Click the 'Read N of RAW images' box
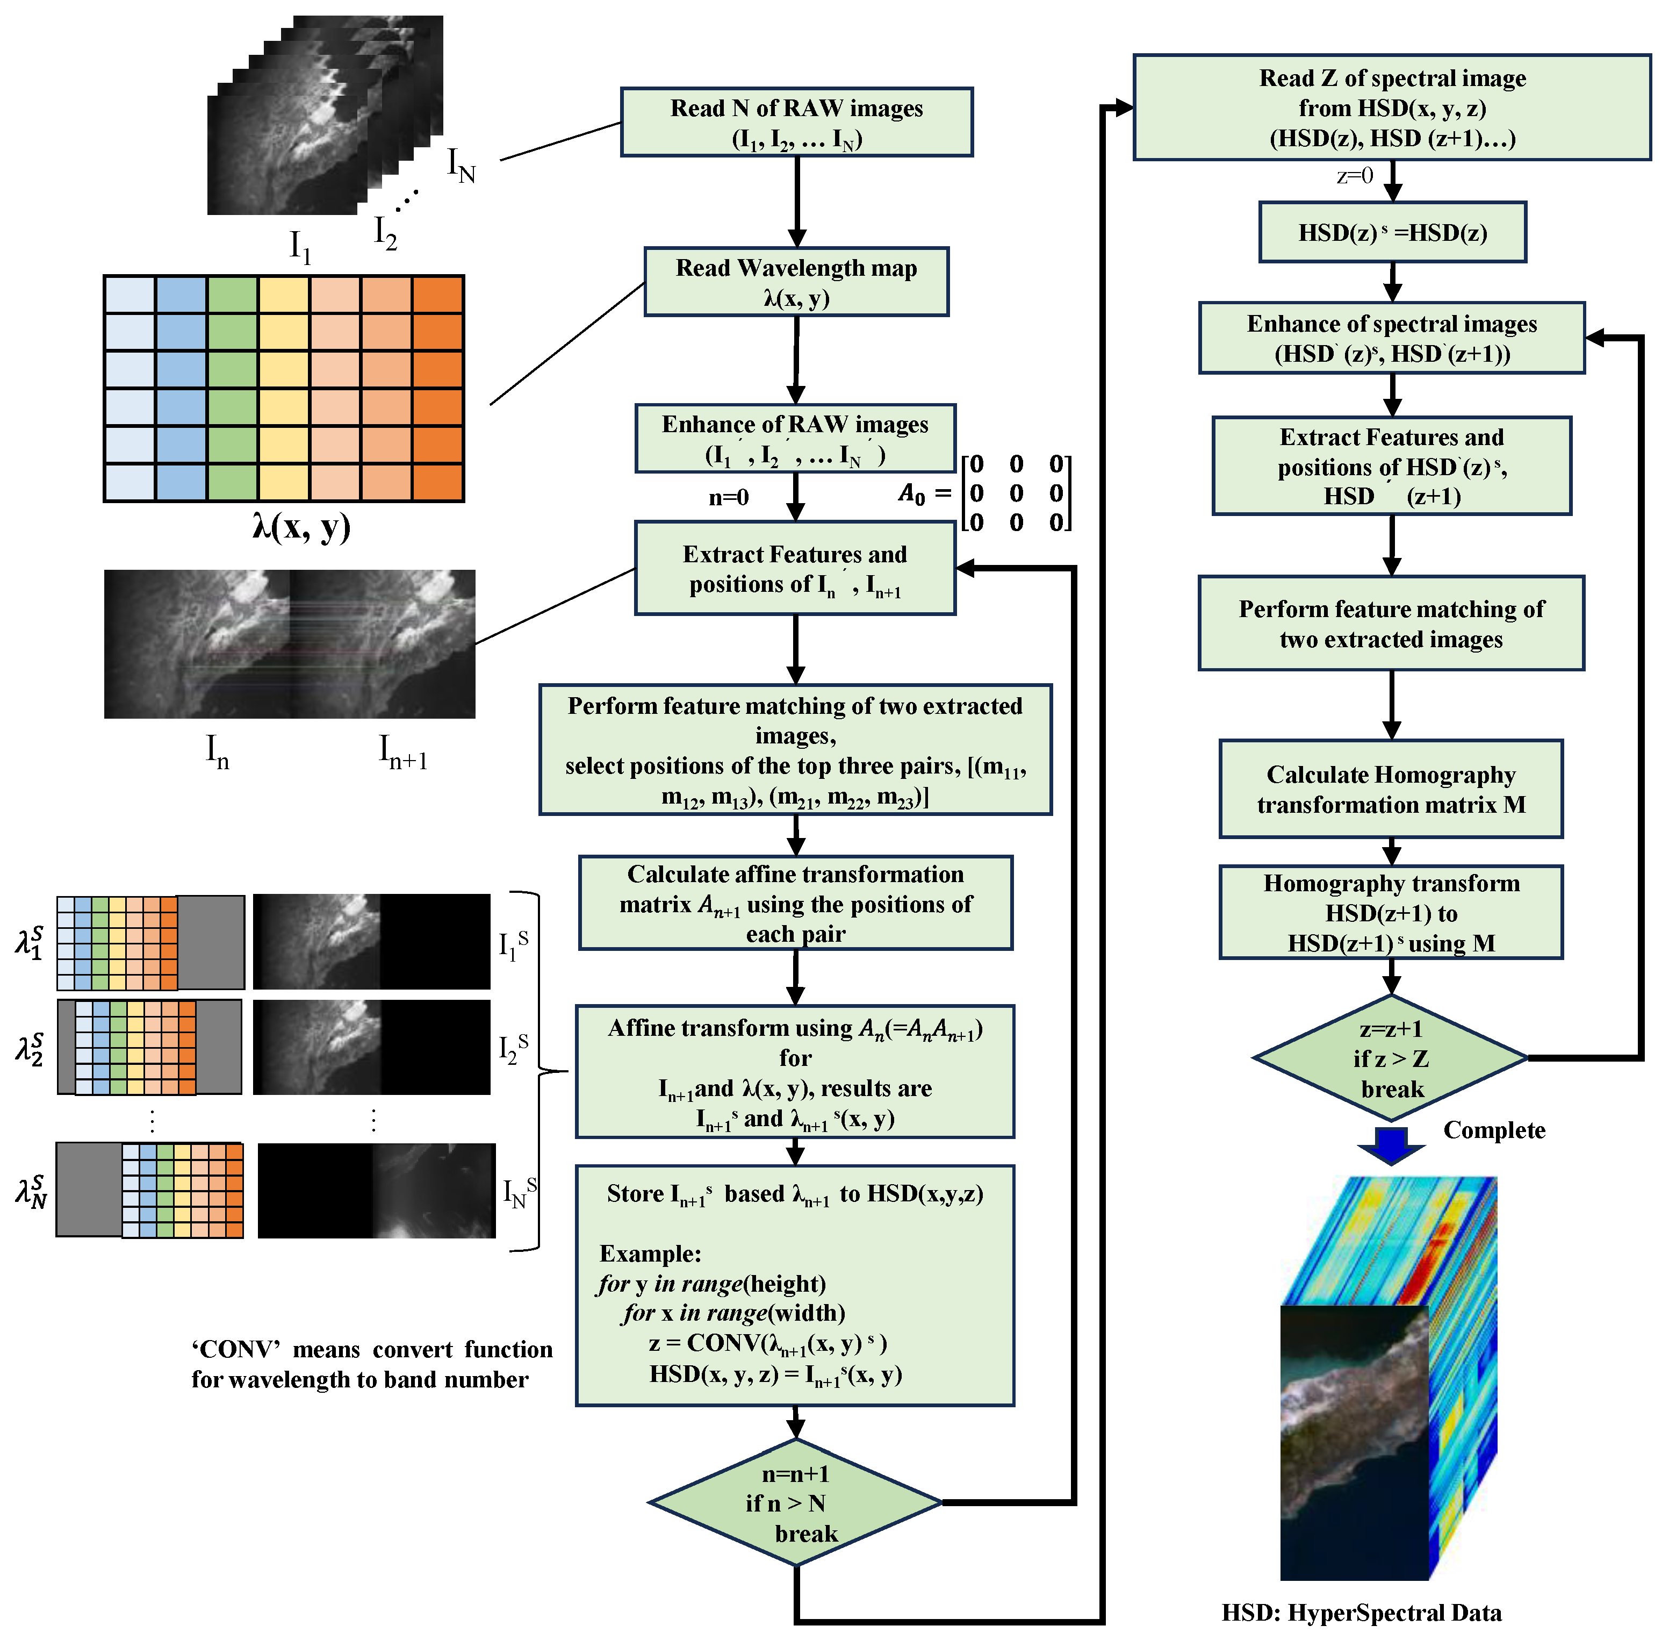796,123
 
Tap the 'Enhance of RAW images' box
795,439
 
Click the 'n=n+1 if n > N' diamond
794,1503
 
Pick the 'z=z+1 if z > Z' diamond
1391,1058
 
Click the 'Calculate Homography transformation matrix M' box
1390,789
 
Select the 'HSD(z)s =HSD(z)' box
1392,233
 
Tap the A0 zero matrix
1016,493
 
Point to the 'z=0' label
1355,176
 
